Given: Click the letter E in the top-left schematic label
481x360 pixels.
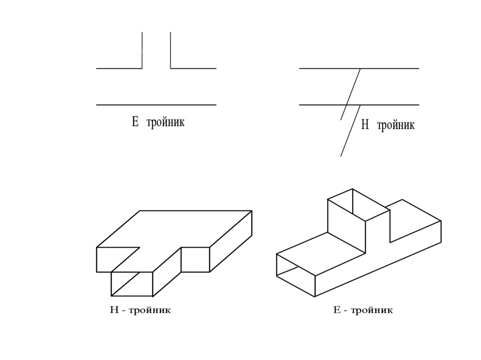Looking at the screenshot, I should (x=135, y=123).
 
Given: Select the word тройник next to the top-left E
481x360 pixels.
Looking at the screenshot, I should (x=165, y=123).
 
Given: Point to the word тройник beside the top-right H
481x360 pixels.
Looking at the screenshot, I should (x=396, y=126).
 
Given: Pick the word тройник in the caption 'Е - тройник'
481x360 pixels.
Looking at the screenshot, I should (x=371, y=310).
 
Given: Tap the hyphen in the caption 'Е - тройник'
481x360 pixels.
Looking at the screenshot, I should (x=344, y=311).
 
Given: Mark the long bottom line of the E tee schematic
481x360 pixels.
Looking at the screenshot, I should (x=156, y=105).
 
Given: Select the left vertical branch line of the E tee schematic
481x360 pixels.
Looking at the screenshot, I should (x=142, y=50).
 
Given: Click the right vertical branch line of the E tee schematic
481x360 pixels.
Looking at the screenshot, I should (x=171, y=50).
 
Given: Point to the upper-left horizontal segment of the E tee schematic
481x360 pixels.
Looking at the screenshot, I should (x=119, y=69).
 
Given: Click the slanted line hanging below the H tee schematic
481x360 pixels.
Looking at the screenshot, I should (x=350, y=131).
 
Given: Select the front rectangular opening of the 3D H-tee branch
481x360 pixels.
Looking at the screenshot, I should (x=132, y=284).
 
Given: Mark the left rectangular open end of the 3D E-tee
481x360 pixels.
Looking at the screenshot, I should (x=295, y=275).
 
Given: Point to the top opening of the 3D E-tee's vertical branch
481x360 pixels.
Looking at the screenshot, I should (x=358, y=205).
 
